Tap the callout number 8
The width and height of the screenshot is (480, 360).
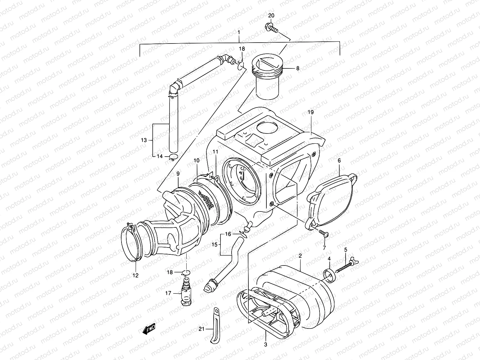[x=298, y=68]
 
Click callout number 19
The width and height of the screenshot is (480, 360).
[x=310, y=112]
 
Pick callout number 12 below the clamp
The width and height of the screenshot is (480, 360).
[x=135, y=275]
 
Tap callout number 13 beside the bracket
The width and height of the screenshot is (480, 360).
[x=144, y=140]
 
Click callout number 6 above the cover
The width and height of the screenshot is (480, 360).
[x=339, y=161]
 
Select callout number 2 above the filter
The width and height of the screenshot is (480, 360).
[x=300, y=256]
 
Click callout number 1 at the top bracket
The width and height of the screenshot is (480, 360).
[x=239, y=32]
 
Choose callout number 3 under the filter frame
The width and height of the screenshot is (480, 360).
[x=265, y=344]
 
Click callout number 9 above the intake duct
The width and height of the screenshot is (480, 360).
[x=178, y=173]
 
